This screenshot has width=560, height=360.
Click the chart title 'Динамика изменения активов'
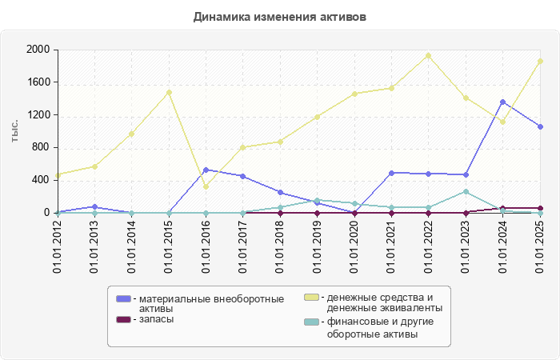coord(280,17)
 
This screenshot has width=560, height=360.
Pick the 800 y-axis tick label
coord(41,148)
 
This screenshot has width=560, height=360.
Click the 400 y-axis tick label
coord(41,180)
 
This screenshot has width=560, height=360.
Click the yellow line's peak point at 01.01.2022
coord(429,55)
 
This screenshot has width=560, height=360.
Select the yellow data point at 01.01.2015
coord(169,92)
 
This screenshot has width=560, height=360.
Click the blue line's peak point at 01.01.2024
coord(502,102)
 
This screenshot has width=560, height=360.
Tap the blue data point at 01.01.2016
coord(206,170)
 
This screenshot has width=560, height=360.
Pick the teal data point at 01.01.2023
coord(466,191)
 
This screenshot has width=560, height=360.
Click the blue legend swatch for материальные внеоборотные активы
coord(123,298)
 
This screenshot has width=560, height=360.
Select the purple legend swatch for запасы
coord(123,319)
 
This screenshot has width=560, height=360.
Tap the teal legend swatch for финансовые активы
coord(311,322)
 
